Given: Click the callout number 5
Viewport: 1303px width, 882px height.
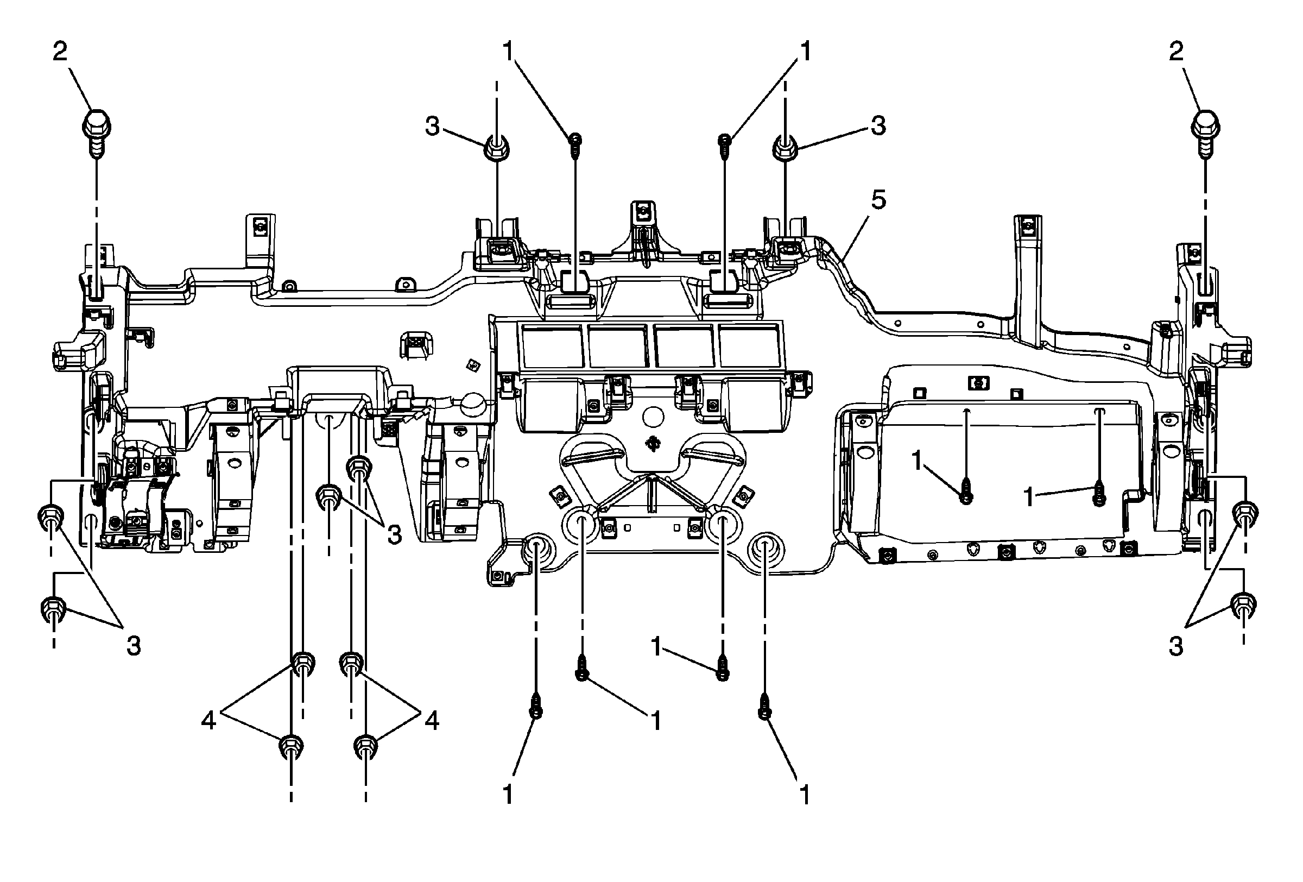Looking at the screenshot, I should pos(878,200).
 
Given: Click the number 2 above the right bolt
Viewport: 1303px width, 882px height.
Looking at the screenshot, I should pos(1177,52).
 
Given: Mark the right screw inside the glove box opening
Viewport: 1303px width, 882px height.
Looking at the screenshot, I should pos(1099,495).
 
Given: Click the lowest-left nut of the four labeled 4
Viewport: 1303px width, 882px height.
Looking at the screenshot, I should pos(291,746).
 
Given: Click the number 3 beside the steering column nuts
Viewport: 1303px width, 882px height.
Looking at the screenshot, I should pos(394,535).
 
